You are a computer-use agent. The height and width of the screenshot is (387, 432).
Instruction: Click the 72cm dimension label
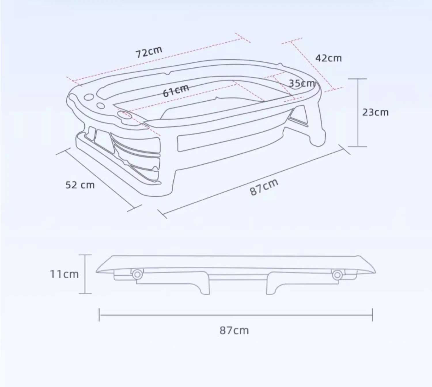click(149, 52)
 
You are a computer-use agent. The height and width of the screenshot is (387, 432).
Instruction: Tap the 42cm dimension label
click(329, 58)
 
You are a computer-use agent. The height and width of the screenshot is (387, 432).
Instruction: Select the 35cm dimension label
click(302, 83)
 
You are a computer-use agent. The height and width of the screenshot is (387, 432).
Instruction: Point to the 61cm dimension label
click(176, 91)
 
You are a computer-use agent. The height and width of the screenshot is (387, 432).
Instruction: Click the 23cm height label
click(376, 112)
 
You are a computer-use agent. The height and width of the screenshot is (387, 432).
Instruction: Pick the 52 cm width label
click(80, 185)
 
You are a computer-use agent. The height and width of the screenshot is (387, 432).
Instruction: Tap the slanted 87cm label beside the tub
click(264, 187)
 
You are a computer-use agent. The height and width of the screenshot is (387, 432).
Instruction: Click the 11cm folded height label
click(64, 274)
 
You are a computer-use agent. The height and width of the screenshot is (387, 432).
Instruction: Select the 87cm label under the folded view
click(234, 331)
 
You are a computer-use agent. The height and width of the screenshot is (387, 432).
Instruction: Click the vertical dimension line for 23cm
click(358, 113)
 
